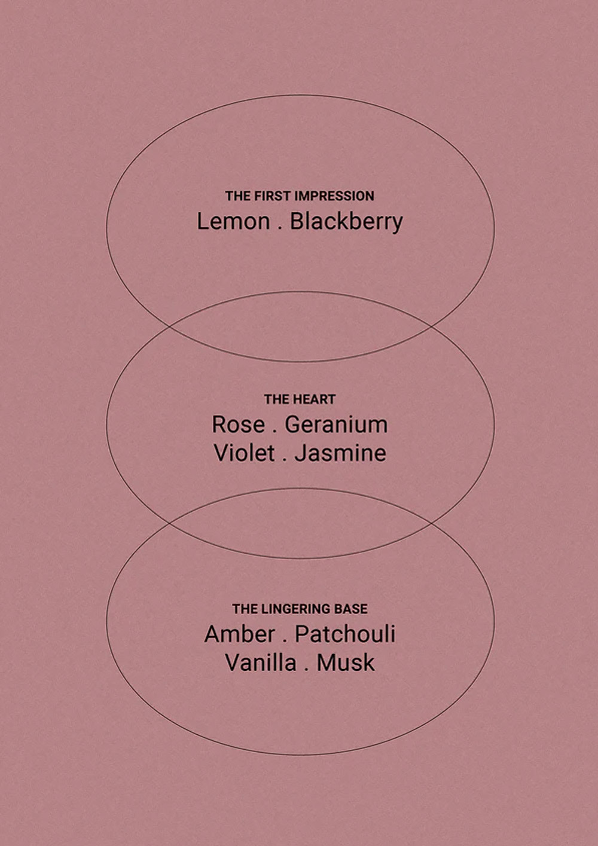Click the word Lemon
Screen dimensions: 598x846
tap(233, 222)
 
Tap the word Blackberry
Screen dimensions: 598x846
tap(346, 222)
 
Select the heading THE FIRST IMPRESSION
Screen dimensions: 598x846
tap(300, 196)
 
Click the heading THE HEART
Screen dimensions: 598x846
tap(300, 399)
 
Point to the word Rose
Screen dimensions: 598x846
tap(238, 424)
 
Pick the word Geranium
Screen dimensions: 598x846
tap(336, 424)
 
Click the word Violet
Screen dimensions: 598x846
tap(244, 453)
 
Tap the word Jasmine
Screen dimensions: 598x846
tap(340, 453)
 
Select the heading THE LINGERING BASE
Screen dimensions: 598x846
tap(300, 609)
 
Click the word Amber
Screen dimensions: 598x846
tap(240, 634)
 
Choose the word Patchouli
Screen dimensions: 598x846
tap(345, 634)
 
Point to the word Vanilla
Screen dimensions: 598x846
tap(261, 663)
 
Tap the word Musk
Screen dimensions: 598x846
tap(346, 663)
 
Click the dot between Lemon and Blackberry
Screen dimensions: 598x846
tap(280, 229)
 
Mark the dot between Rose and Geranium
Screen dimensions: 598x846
tap(274, 432)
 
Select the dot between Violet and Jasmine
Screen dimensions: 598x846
tap(285, 461)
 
